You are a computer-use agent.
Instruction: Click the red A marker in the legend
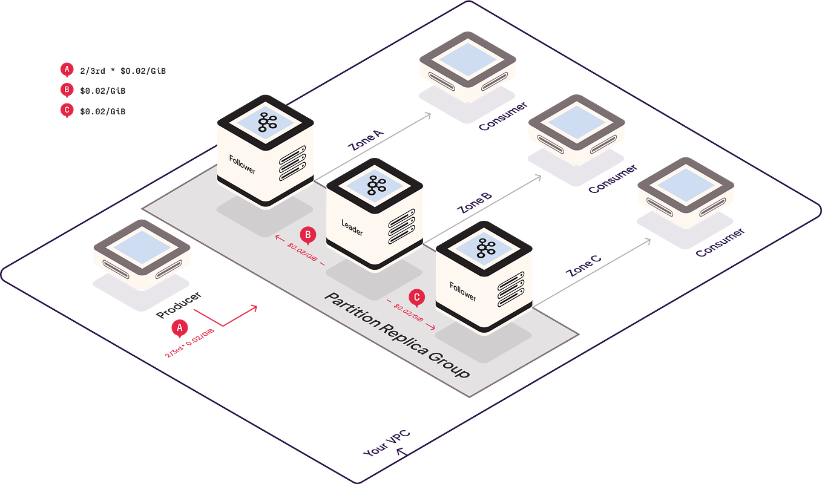[66, 70]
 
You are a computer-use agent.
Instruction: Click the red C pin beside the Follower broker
[416, 297]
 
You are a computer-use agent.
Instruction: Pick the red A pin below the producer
[179, 328]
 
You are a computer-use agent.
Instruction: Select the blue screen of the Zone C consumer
[686, 181]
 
